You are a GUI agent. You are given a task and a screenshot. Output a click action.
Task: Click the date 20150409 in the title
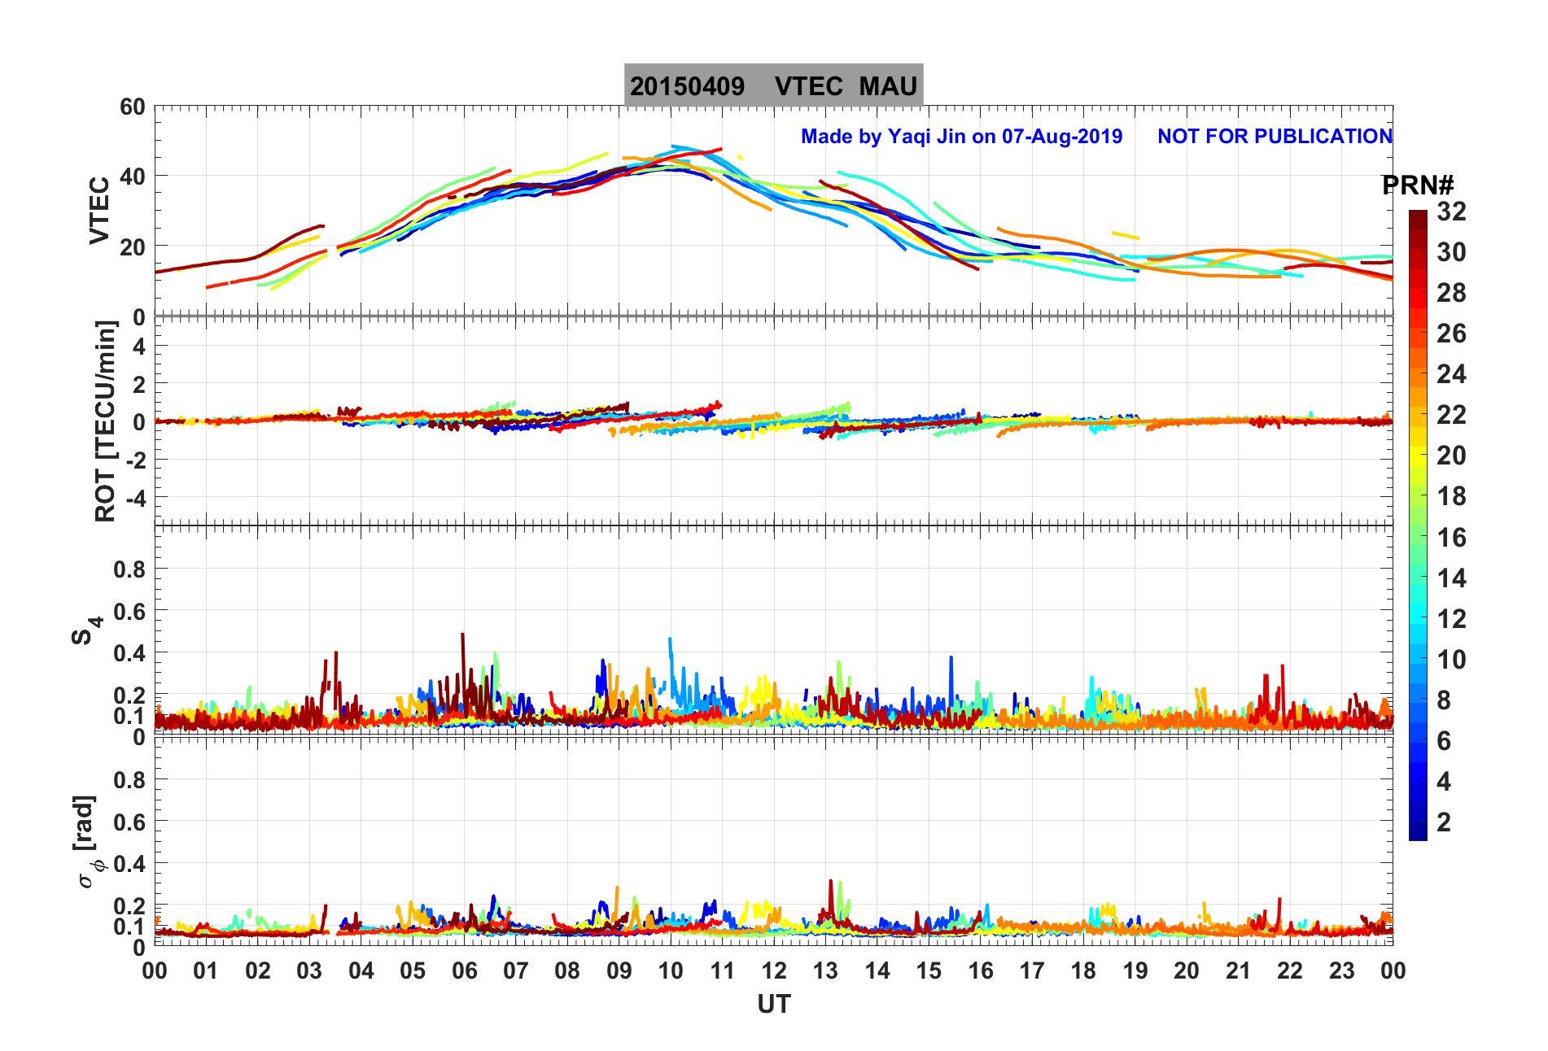tap(687, 86)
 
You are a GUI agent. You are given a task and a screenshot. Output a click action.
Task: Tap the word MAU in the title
tap(888, 86)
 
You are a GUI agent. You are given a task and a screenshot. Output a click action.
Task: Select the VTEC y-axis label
tap(99, 210)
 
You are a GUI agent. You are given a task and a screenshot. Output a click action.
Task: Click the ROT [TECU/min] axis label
tap(105, 421)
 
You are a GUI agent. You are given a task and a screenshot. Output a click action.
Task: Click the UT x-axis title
tap(773, 1005)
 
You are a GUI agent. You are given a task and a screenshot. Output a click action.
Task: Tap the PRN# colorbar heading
tap(1417, 185)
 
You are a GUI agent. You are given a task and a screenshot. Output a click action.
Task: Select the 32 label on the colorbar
tap(1451, 212)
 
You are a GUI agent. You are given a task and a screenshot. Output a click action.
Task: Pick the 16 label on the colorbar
tap(1451, 538)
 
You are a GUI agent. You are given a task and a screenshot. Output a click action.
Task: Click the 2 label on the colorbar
tap(1444, 822)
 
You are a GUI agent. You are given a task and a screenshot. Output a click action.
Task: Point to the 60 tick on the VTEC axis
tap(132, 107)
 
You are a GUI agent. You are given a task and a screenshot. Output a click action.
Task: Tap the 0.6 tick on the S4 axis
tap(129, 611)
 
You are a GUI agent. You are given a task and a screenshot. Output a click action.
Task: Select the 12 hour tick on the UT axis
tap(774, 970)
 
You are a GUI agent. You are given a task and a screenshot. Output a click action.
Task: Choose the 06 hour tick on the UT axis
tap(464, 970)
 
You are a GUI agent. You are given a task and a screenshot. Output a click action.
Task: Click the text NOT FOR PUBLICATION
tap(1275, 137)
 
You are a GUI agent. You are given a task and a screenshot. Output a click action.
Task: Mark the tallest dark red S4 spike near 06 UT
tap(462, 635)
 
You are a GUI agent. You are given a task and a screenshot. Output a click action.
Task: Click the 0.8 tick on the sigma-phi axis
tap(129, 779)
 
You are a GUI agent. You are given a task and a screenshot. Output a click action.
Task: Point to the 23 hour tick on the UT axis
tap(1341, 970)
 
